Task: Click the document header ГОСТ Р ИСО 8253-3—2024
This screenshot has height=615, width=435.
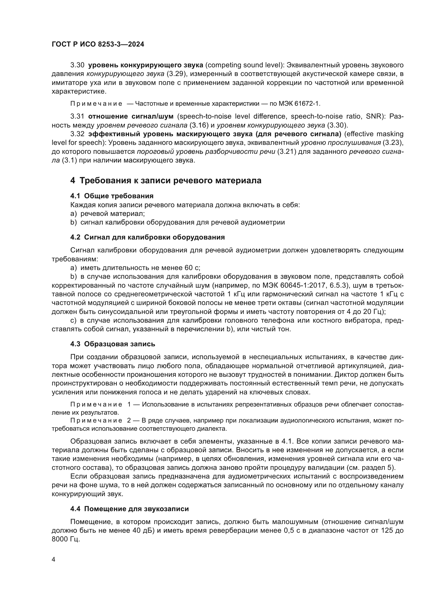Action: pyautogui.click(x=98, y=44)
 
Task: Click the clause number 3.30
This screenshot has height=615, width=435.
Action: pyautogui.click(x=77, y=65)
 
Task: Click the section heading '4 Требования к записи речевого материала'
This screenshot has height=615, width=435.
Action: pyautogui.click(x=165, y=181)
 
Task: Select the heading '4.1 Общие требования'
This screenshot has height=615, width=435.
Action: pyautogui.click(x=112, y=196)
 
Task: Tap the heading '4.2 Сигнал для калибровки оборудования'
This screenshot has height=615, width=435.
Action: pyautogui.click(x=147, y=237)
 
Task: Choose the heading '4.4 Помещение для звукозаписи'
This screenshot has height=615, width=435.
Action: pyautogui.click(x=129, y=509)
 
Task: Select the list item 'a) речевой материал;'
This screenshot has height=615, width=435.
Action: pyautogui.click(x=107, y=214)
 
